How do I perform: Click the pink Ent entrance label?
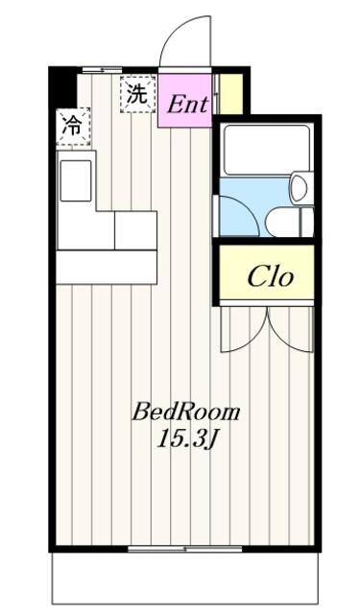187,105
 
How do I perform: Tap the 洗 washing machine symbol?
138,94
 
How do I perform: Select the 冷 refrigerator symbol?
73,127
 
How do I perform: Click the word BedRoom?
185,413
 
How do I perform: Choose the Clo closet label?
271,277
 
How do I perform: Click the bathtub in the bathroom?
266,150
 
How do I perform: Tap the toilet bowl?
285,222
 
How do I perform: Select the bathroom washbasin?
301,188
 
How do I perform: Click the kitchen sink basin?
76,181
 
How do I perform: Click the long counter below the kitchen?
107,267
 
